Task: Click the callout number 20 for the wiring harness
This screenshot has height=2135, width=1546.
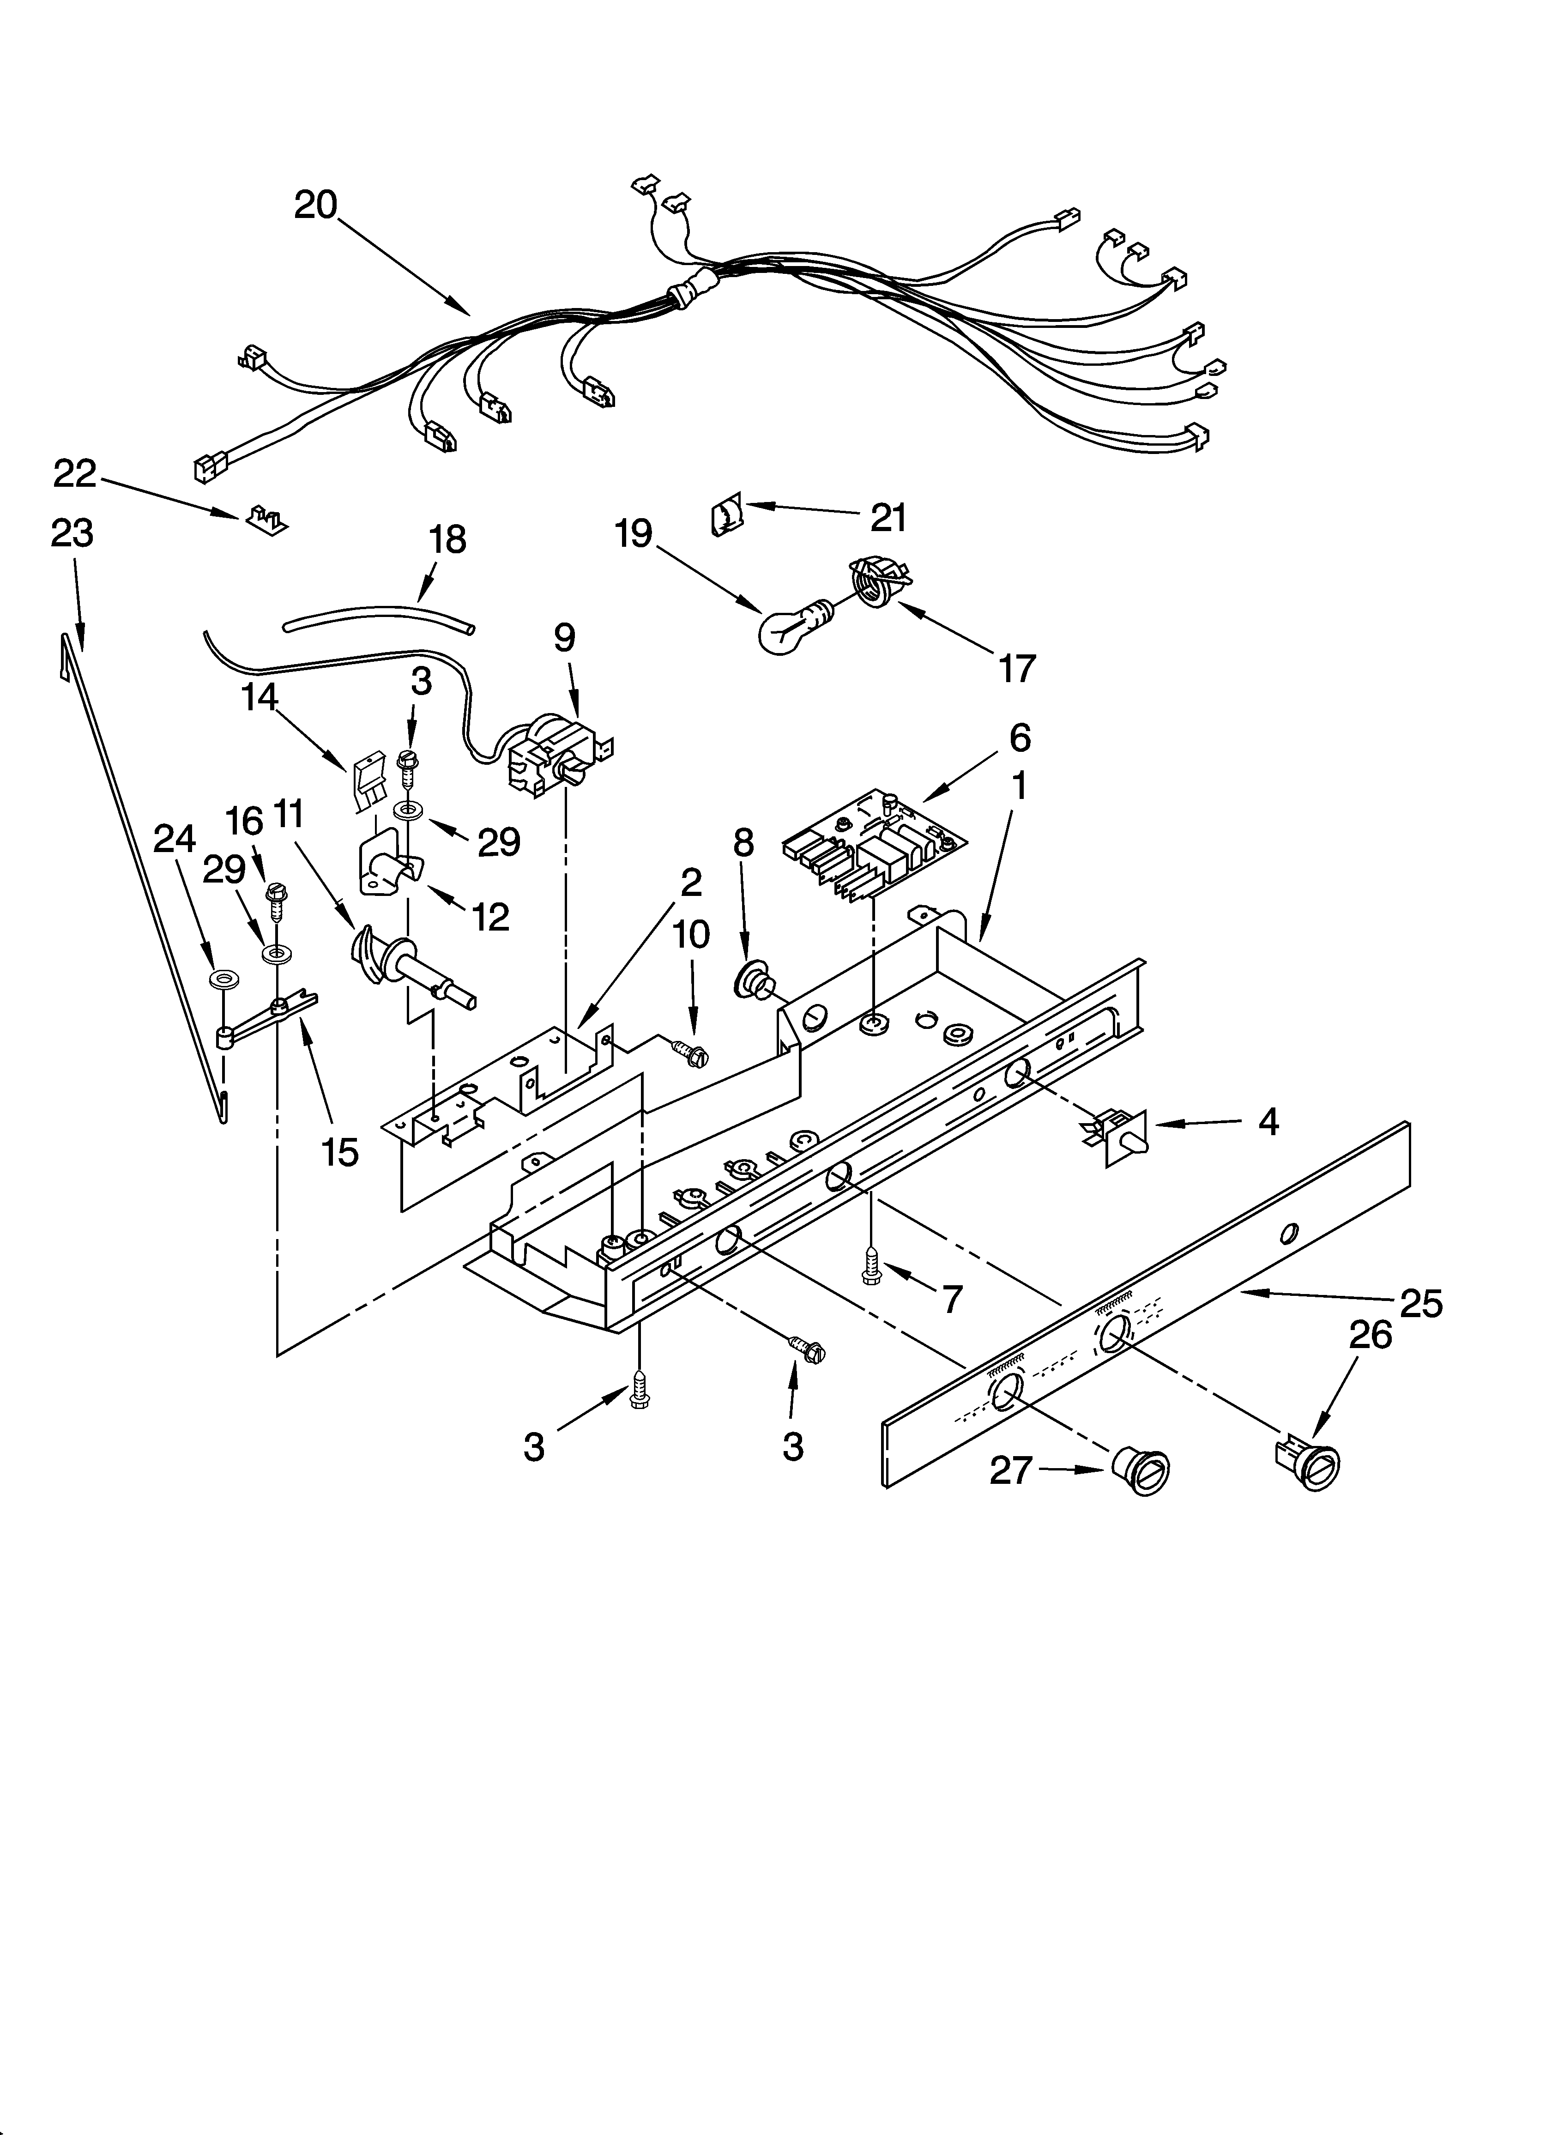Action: point(315,204)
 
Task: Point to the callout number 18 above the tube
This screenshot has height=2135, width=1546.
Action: point(447,540)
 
